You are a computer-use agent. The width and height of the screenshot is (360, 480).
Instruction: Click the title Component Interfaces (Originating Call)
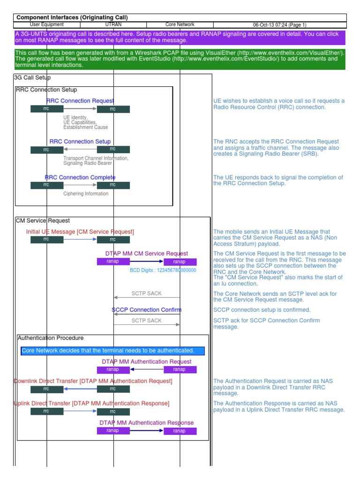point(72,17)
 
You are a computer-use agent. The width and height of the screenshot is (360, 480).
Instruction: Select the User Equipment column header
point(46,24)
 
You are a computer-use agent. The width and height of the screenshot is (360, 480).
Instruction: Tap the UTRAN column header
point(113,24)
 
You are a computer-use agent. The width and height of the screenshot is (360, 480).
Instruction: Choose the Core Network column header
point(180,24)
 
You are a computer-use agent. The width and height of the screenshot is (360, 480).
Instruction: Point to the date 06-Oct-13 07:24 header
point(279,24)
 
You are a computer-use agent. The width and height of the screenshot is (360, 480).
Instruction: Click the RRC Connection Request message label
point(80,101)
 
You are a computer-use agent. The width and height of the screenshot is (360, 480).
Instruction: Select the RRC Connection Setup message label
point(80,142)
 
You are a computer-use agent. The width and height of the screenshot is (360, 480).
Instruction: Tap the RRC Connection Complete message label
point(80,177)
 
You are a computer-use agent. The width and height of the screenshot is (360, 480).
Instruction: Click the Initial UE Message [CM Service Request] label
point(80,232)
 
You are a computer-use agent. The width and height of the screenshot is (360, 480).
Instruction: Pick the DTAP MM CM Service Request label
point(147,254)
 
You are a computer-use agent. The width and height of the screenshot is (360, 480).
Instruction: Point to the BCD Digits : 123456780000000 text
point(163,270)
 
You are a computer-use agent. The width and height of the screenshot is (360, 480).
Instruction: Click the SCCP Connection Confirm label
point(147,310)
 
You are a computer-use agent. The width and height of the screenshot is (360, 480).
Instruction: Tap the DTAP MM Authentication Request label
point(147,361)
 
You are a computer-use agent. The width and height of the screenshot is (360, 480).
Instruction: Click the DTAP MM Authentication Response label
point(147,422)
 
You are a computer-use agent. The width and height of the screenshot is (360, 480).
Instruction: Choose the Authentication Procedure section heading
point(51,338)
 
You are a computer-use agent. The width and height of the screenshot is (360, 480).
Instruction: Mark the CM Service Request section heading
point(43,220)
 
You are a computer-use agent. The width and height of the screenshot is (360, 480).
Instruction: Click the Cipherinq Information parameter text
point(86,194)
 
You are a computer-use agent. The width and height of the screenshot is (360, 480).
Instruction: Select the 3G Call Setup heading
point(33,77)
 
